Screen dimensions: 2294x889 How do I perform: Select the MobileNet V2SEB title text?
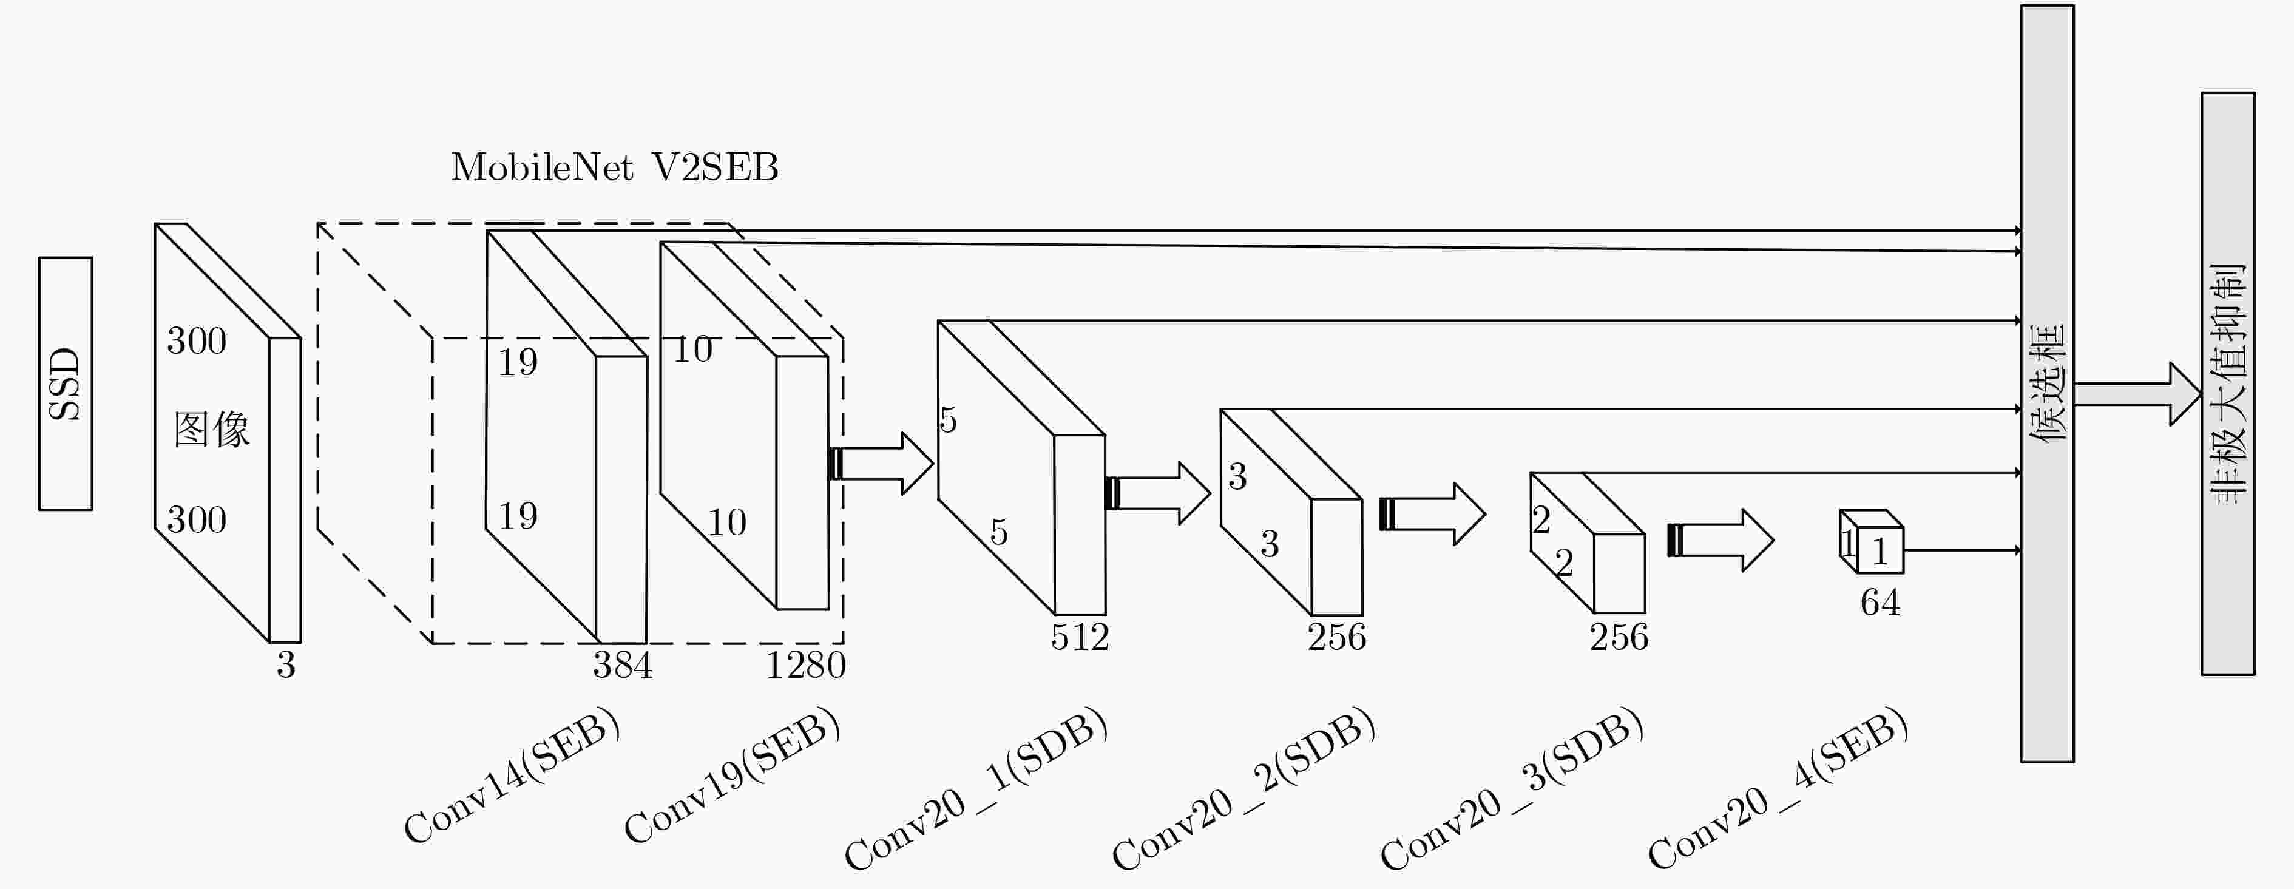tap(614, 167)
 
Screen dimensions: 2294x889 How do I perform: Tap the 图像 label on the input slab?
tap(212, 430)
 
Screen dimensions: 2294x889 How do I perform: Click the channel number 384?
tap(623, 664)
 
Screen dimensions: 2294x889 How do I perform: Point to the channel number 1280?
tap(806, 664)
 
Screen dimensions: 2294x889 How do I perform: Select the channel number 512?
tap(1079, 637)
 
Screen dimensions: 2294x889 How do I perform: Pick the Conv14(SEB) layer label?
tap(511, 775)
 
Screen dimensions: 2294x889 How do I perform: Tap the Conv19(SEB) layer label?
tap(732, 775)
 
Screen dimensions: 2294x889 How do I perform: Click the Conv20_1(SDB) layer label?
tap(976, 788)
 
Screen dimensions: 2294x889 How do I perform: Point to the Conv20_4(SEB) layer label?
tap(1778, 788)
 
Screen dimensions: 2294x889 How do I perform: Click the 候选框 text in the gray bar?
tap(2048, 383)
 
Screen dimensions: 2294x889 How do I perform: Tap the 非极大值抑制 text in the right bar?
tap(2228, 383)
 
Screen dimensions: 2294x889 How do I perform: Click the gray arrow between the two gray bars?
tap(2137, 394)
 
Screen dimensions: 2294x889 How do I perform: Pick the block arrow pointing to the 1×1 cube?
tap(1720, 540)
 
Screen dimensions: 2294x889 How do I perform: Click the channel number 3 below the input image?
tap(285, 664)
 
